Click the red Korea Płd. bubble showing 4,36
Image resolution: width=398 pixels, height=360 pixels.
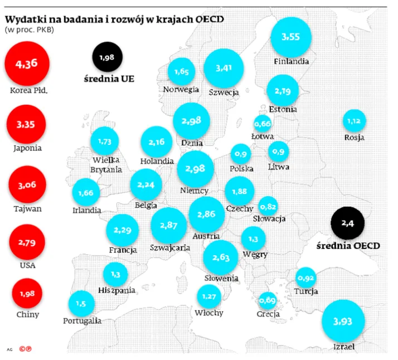point(27,64)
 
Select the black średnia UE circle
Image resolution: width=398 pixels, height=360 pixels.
point(108,57)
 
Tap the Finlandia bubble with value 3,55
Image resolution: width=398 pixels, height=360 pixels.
point(291,37)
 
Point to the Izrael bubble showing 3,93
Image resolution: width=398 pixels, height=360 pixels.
point(343,321)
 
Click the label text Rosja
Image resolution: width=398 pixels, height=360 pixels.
point(355,138)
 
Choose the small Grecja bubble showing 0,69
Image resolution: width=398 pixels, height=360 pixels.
point(268,300)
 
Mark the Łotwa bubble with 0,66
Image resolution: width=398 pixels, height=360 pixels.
point(263,124)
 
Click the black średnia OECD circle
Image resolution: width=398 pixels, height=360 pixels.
point(347,223)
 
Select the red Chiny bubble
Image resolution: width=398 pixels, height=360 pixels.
point(27,294)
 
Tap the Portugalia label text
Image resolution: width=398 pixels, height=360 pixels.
point(82,321)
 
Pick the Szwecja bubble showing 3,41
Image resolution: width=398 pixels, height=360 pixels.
point(224,68)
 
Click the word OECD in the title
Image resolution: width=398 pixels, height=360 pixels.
point(210,20)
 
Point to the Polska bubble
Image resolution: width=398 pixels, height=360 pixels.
point(241,154)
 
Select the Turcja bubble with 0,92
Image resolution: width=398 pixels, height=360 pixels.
point(306,278)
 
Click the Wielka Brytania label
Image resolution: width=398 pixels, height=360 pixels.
point(106,164)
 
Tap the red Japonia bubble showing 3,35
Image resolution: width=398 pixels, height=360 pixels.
point(26,124)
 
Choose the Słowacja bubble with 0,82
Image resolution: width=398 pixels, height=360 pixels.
point(268,206)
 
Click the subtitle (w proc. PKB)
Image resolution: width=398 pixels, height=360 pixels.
point(30,30)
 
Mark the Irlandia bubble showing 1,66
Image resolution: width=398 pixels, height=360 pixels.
point(86,192)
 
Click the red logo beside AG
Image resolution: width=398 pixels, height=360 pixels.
point(26,349)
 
